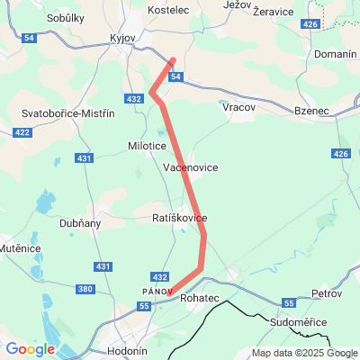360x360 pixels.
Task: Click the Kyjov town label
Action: click(121, 41)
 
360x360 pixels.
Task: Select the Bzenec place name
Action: click(312, 111)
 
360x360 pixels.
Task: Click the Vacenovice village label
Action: click(191, 167)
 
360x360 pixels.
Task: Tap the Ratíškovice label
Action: click(180, 219)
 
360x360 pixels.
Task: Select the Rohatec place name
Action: click(199, 296)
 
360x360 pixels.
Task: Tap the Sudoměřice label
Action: click(304, 321)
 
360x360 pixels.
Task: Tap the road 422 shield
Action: click(20, 132)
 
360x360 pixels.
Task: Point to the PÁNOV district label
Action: click(157, 291)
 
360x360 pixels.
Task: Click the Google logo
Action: click(29, 349)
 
